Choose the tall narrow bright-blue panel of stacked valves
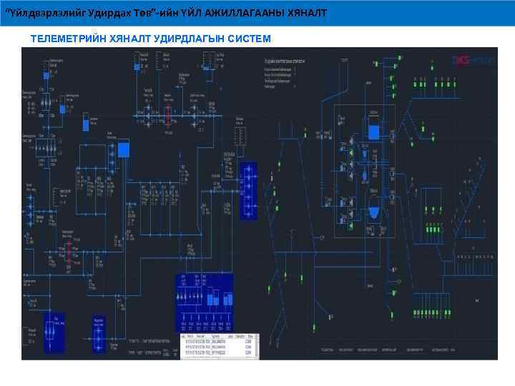tap(247, 190)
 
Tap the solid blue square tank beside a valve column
tap(124, 149)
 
